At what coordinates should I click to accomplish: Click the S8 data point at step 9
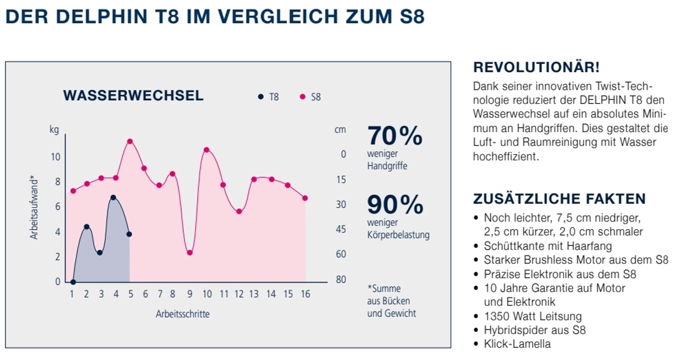[190, 253]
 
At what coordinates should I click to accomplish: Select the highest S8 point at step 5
[129, 141]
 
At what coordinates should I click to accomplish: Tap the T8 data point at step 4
[113, 198]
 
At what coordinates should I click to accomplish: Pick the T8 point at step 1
[73, 282]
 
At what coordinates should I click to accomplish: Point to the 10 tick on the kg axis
[56, 157]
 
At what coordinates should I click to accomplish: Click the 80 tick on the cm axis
[340, 280]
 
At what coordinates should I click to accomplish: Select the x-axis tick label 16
[305, 294]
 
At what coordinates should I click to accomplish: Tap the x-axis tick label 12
[239, 294]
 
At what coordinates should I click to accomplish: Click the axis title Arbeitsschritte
[183, 314]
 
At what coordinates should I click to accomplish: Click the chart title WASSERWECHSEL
[133, 96]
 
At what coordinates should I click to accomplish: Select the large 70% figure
[395, 136]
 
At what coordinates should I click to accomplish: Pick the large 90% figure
[395, 205]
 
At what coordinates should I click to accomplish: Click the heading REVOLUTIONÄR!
[536, 67]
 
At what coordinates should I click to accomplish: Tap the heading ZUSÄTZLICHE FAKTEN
[559, 199]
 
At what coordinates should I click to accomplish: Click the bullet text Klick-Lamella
[517, 344]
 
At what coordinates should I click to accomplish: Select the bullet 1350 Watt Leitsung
[533, 316]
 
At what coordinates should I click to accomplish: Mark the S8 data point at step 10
[206, 150]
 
